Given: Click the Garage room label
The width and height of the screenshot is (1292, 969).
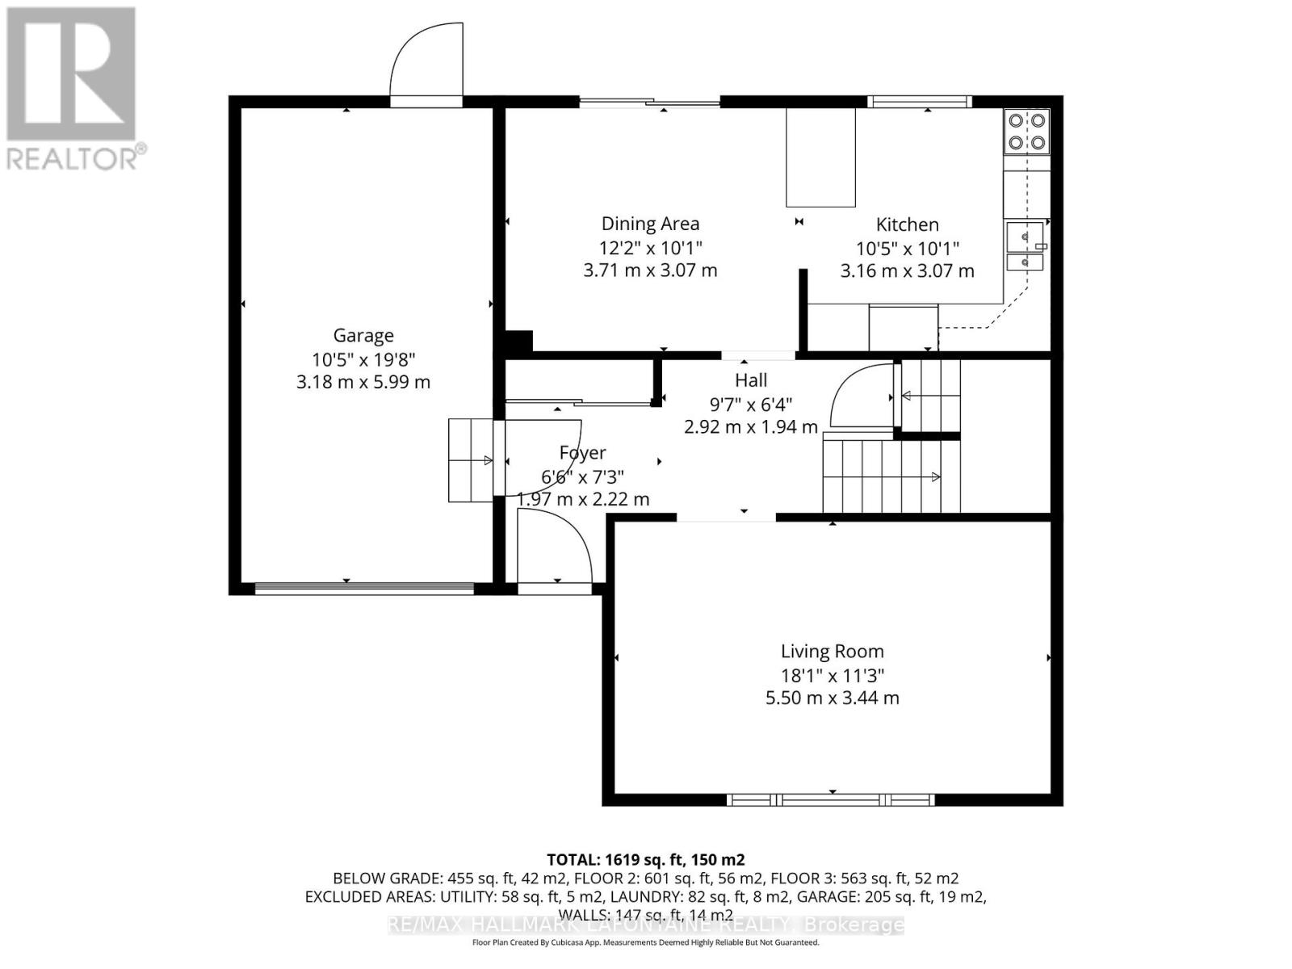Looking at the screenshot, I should click(x=363, y=335).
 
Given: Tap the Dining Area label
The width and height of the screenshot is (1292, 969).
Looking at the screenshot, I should click(x=650, y=224).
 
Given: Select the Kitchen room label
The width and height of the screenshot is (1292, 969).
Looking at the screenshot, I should click(x=908, y=224).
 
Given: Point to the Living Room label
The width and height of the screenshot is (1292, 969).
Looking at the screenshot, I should click(x=832, y=651).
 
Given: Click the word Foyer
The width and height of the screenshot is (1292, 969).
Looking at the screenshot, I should click(x=582, y=453).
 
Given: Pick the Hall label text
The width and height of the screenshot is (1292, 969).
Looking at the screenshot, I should click(x=750, y=380).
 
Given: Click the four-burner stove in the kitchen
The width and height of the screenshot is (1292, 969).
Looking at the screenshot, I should click(x=1026, y=132).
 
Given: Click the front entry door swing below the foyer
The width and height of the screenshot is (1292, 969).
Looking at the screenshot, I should click(x=554, y=549).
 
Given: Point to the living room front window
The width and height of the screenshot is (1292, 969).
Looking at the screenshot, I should click(x=831, y=800).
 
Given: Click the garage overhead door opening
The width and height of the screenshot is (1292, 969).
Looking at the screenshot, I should click(x=363, y=589).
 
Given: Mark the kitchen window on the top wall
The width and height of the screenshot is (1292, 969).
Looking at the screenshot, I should click(x=920, y=101).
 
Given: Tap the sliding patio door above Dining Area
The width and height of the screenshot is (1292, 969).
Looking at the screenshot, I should click(x=650, y=101).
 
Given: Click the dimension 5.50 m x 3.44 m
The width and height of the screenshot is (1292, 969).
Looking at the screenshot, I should click(x=832, y=698).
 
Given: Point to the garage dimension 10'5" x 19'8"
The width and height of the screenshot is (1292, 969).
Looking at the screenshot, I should click(x=363, y=359).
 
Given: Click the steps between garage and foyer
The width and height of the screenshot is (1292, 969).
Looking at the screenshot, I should click(x=471, y=460).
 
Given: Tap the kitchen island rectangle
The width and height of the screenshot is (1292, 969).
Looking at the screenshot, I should click(x=820, y=157).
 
